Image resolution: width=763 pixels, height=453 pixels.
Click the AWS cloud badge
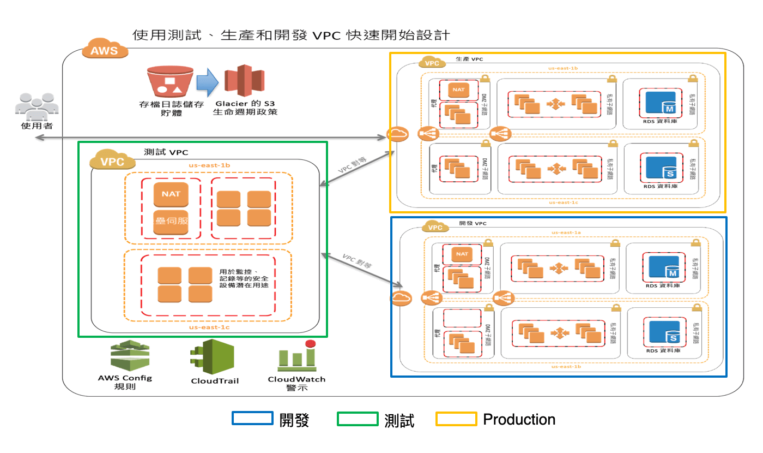pyautogui.click(x=106, y=50)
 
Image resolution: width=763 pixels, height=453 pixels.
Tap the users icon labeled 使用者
pyautogui.click(x=37, y=106)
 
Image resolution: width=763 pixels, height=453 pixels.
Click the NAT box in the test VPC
pyautogui.click(x=171, y=193)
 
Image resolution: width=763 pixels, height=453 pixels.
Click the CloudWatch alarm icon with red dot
pyautogui.click(x=297, y=356)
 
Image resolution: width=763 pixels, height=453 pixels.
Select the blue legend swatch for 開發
pyautogui.click(x=252, y=419)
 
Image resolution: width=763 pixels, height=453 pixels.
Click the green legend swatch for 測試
pyautogui.click(x=358, y=419)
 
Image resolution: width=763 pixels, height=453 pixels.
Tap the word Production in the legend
pyautogui.click(x=519, y=419)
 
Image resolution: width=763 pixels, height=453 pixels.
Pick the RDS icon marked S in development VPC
pyautogui.click(x=664, y=332)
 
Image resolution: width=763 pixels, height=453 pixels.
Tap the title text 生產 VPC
pyautogui.click(x=469, y=59)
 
